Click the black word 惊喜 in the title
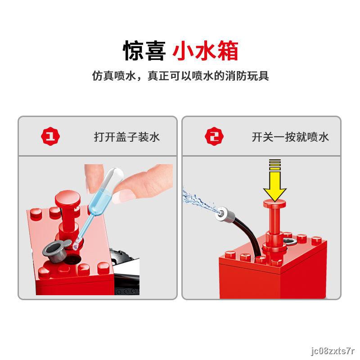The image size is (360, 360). pos(144,50)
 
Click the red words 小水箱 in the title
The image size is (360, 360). pos(205,50)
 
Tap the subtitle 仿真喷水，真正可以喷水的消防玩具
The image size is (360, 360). pos(180,76)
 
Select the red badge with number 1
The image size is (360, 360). pos(50,136)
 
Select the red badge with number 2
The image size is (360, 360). pos(214,136)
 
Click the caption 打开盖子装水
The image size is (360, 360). pos(127,137)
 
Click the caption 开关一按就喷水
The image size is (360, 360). pos(290,137)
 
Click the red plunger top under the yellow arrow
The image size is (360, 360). pos(274,203)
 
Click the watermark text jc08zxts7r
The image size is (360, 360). pos(333,351)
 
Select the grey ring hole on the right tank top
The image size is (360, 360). pos(290,241)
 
